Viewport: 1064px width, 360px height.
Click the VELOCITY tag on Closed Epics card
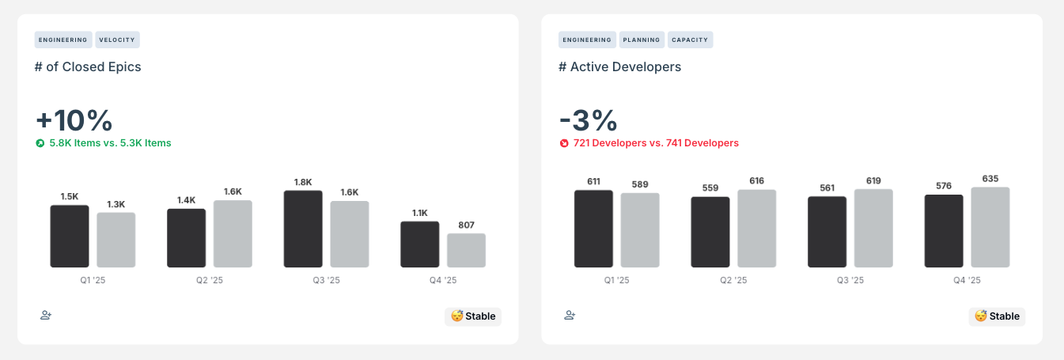coord(118,40)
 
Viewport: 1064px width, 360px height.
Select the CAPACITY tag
coord(691,40)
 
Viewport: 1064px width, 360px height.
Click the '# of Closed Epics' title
coord(88,67)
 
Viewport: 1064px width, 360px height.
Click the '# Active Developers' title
coord(619,67)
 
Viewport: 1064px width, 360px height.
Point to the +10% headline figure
coord(74,120)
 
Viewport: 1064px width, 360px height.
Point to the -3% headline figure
coord(588,120)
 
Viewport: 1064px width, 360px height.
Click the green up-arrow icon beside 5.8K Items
coord(40,143)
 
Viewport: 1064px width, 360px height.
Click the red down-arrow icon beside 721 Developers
coord(564,143)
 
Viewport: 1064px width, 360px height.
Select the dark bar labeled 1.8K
coord(303,229)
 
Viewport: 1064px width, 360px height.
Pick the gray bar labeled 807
coord(466,250)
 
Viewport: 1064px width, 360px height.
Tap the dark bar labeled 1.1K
coord(419,244)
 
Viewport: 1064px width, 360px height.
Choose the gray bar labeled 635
coord(990,227)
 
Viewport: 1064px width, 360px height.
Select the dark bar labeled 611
coord(593,229)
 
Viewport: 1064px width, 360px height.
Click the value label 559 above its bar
coord(710,188)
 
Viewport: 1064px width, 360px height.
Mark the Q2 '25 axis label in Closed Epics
coord(210,280)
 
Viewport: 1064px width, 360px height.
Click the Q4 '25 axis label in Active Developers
coord(967,280)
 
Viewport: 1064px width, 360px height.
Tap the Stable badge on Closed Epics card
coord(473,316)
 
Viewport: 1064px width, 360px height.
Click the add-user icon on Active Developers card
coord(570,315)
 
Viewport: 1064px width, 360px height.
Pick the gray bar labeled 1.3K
coord(116,240)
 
